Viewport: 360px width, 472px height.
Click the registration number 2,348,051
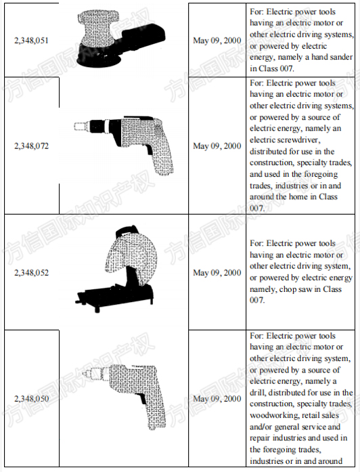tap(31, 41)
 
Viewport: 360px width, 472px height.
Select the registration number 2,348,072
tap(31, 146)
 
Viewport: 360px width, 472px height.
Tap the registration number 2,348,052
tap(31, 273)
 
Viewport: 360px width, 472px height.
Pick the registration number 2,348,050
tap(31, 399)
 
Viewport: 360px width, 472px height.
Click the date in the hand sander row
tap(217, 41)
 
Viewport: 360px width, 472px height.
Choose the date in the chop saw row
tap(217, 273)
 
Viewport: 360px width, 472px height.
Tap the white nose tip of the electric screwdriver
tap(80, 126)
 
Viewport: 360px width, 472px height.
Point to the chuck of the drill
tap(93, 373)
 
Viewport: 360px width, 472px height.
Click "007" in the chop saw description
tap(256, 300)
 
